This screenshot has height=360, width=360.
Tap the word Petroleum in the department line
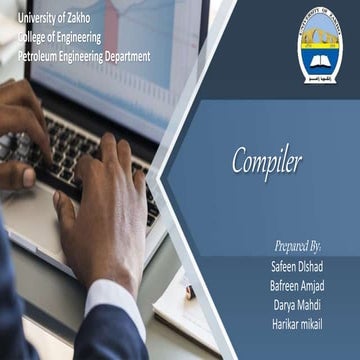(41, 56)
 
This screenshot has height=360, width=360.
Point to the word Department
(126, 56)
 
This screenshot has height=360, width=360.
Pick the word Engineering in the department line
(81, 56)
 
